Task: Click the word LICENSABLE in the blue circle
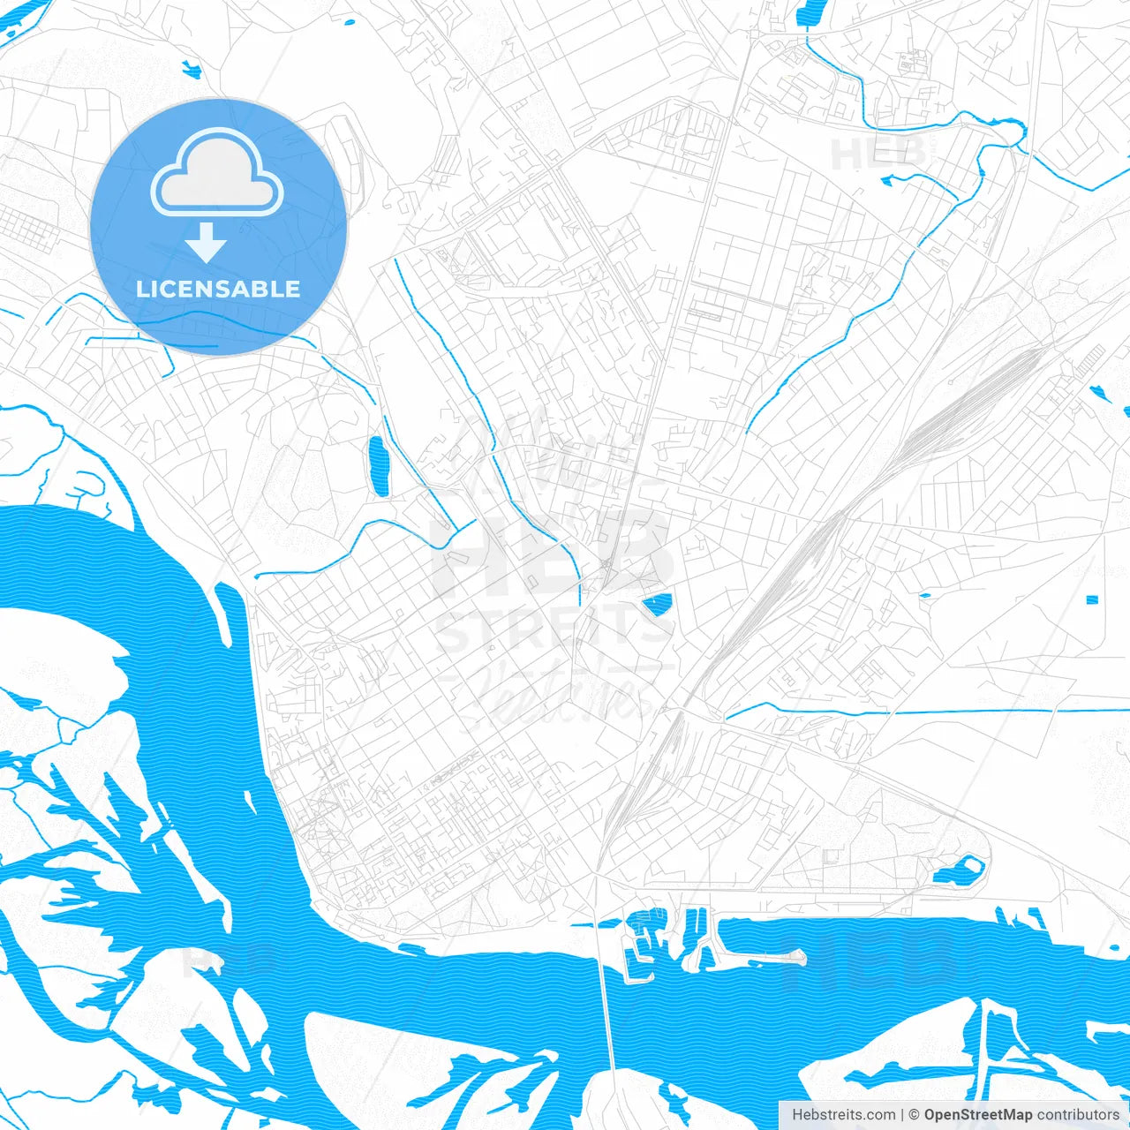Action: pyautogui.click(x=218, y=289)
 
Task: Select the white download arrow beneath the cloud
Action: pyautogui.click(x=207, y=242)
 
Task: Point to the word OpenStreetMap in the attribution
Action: pyautogui.click(x=977, y=1115)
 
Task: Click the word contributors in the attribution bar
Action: pyautogui.click(x=1078, y=1115)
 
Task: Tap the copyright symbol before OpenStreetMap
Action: pyautogui.click(x=915, y=1115)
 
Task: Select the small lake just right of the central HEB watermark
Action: pyautogui.click(x=656, y=605)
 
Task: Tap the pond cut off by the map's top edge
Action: pyautogui.click(x=809, y=12)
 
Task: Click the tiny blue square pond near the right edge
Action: pyautogui.click(x=1091, y=600)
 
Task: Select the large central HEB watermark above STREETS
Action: pyautogui.click(x=552, y=552)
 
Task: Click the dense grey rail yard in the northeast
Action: pyautogui.click(x=971, y=397)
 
